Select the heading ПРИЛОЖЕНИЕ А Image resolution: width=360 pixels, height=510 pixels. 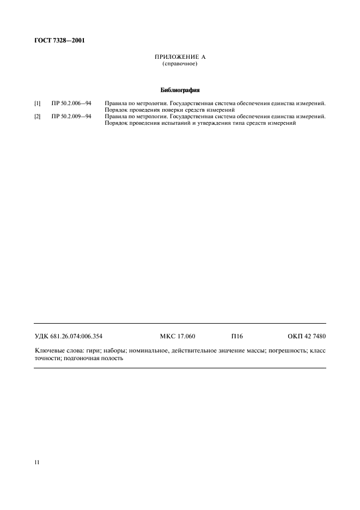coord(180,57)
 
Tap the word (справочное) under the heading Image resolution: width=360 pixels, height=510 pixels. coord(180,64)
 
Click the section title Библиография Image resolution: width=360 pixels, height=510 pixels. coord(180,90)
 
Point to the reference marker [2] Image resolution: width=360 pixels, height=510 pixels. coord(37,116)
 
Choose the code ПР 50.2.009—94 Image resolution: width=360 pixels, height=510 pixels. coord(72,116)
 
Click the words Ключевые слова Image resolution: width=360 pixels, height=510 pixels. coord(56,351)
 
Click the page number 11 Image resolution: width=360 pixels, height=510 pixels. coord(37,463)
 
